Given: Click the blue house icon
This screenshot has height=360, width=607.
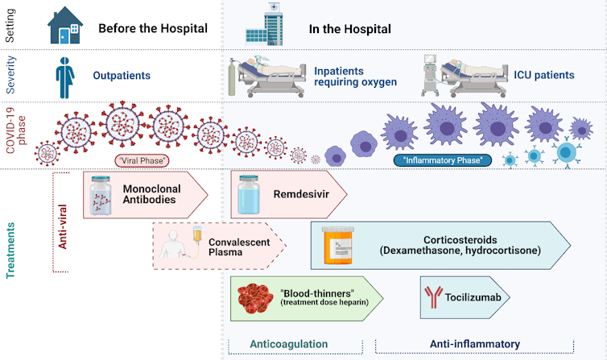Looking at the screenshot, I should [x=66, y=25].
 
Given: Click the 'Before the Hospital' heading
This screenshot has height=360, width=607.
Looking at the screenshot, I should [x=153, y=29].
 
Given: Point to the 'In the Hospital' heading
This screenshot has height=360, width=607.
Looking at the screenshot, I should [x=350, y=29].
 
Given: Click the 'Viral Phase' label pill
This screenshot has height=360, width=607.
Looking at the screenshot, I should [x=142, y=160].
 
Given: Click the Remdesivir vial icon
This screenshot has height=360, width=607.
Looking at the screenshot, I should [x=250, y=194].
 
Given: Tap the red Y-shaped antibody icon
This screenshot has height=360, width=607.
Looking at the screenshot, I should [x=433, y=297].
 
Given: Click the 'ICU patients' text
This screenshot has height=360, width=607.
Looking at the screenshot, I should [x=544, y=75].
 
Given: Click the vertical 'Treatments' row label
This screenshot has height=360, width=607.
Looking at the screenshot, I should [x=11, y=239].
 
